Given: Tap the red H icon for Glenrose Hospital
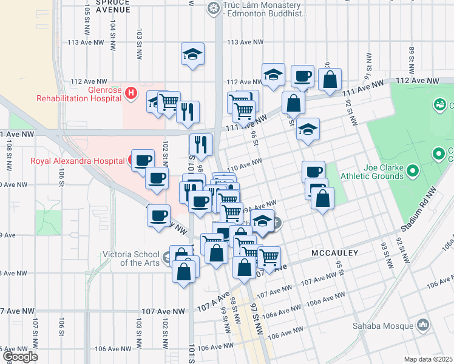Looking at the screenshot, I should (x=134, y=95).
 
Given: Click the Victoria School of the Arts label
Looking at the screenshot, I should (x=131, y=258).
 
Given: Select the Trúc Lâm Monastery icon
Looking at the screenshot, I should (x=213, y=8).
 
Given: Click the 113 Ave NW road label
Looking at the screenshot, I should (x=245, y=42).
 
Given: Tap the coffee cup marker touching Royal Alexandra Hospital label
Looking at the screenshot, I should (x=143, y=161).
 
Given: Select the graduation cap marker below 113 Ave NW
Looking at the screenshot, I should (x=192, y=54).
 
